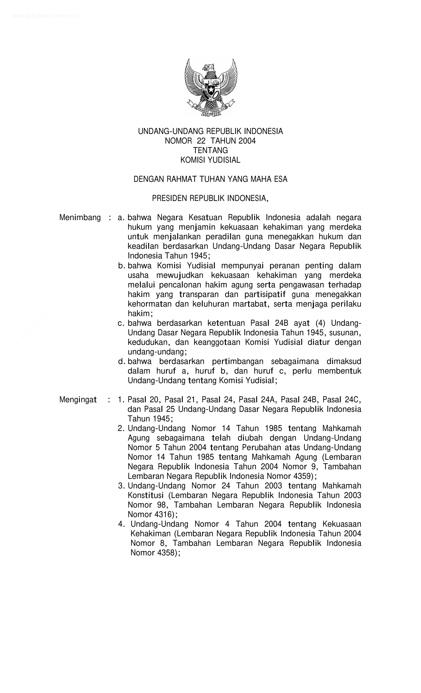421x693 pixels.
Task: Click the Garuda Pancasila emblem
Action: click(211, 87)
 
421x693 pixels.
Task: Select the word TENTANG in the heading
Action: click(210, 150)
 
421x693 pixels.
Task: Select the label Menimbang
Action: click(80, 218)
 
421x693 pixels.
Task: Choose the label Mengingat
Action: click(78, 400)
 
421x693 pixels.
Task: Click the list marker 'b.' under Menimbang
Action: click(122, 266)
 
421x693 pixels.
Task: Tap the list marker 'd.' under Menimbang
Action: click(122, 362)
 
